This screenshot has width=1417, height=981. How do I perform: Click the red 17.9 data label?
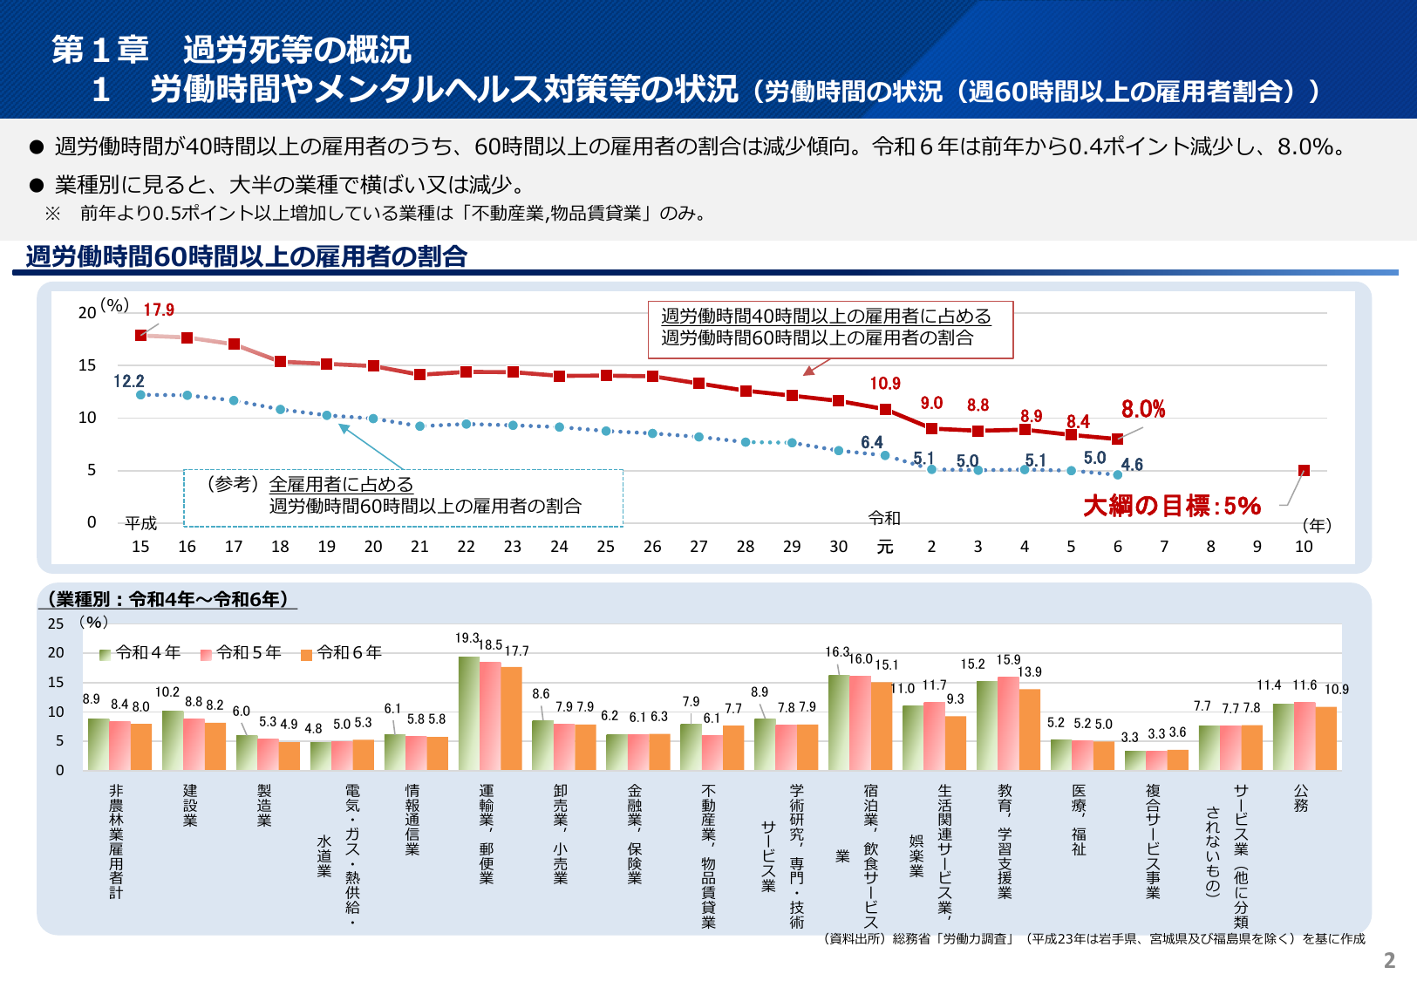(159, 310)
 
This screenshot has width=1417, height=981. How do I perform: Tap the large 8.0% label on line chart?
(1142, 409)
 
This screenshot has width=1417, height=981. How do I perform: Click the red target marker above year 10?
(1304, 471)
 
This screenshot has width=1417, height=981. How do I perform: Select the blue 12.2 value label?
(128, 381)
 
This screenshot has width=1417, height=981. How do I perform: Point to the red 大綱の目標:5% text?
(1171, 506)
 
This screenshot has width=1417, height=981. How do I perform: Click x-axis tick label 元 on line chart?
(884, 547)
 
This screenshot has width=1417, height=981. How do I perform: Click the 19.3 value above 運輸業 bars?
(467, 638)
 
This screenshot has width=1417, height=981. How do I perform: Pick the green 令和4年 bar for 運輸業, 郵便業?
(468, 713)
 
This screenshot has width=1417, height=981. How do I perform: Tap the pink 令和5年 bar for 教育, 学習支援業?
(1008, 723)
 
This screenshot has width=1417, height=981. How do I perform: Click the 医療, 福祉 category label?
(1079, 819)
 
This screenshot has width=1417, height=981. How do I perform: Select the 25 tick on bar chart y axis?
(56, 623)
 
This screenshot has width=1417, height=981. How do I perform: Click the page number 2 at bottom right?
(1389, 961)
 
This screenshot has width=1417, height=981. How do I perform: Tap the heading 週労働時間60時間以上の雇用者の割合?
(247, 256)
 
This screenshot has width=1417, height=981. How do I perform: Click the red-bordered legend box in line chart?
(830, 329)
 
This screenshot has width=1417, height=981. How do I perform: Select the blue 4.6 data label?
(1132, 465)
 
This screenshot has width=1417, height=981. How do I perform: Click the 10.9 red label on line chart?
(884, 384)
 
